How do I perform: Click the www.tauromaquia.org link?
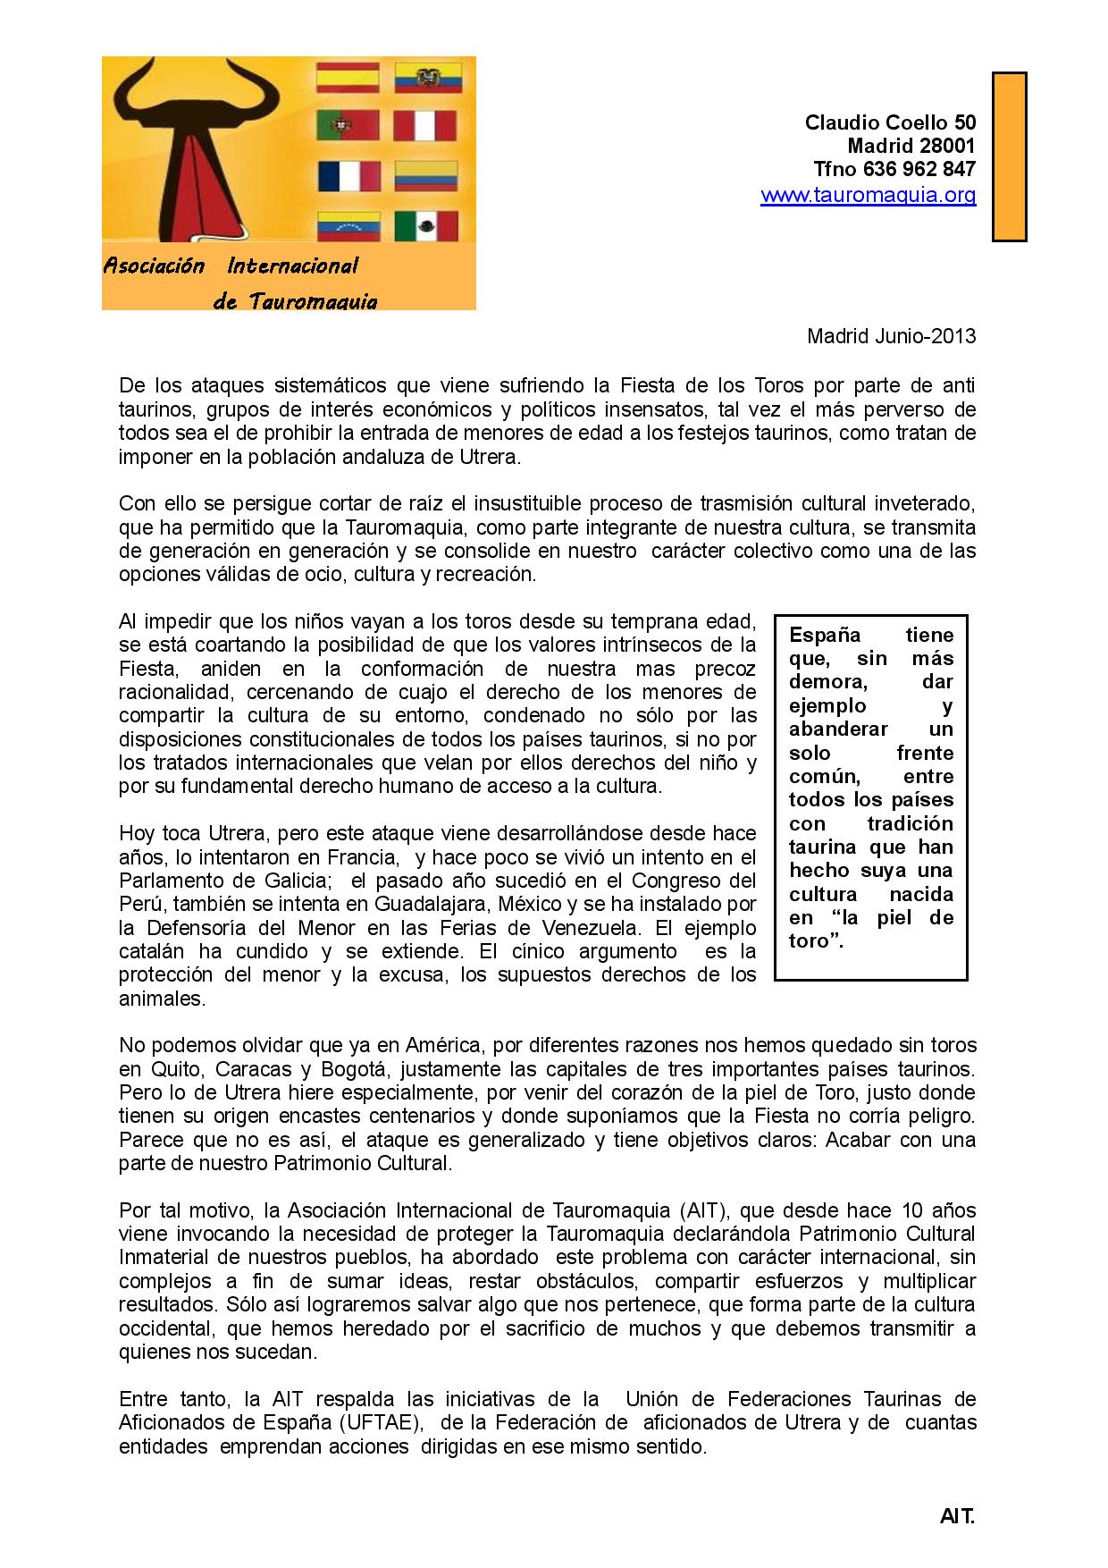868,195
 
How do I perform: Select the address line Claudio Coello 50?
890,122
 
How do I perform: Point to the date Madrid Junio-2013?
891,336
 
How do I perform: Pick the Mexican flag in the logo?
426,226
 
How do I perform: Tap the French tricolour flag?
349,176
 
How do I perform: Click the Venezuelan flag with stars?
349,226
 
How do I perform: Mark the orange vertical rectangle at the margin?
1010,156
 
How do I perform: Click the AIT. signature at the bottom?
957,1517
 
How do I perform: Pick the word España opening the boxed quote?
824,636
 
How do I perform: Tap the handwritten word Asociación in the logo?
154,266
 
